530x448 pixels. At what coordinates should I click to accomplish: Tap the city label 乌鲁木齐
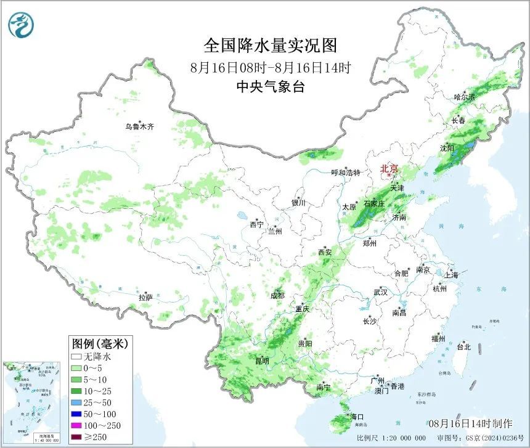[x=139, y=127]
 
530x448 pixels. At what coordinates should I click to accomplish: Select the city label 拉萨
[x=145, y=298]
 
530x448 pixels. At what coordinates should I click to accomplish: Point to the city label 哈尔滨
[x=465, y=97]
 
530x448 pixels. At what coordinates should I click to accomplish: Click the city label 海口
[x=357, y=417]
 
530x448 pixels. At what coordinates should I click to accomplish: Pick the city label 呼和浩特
[x=346, y=173]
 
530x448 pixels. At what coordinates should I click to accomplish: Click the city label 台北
[x=463, y=347]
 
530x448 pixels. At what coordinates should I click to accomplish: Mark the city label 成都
[x=277, y=296]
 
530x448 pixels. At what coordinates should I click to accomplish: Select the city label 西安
[x=325, y=252]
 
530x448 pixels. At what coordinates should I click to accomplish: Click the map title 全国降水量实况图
[x=271, y=46]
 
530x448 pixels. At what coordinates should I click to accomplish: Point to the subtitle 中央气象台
[x=271, y=87]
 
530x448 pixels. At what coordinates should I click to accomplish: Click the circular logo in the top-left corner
[x=21, y=25]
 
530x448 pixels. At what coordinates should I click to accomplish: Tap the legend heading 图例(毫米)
[x=99, y=343]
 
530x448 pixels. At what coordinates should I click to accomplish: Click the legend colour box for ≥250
[x=77, y=438]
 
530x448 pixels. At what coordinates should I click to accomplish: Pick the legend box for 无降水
[x=77, y=356]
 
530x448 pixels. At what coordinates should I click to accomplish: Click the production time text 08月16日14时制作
[x=470, y=423]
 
